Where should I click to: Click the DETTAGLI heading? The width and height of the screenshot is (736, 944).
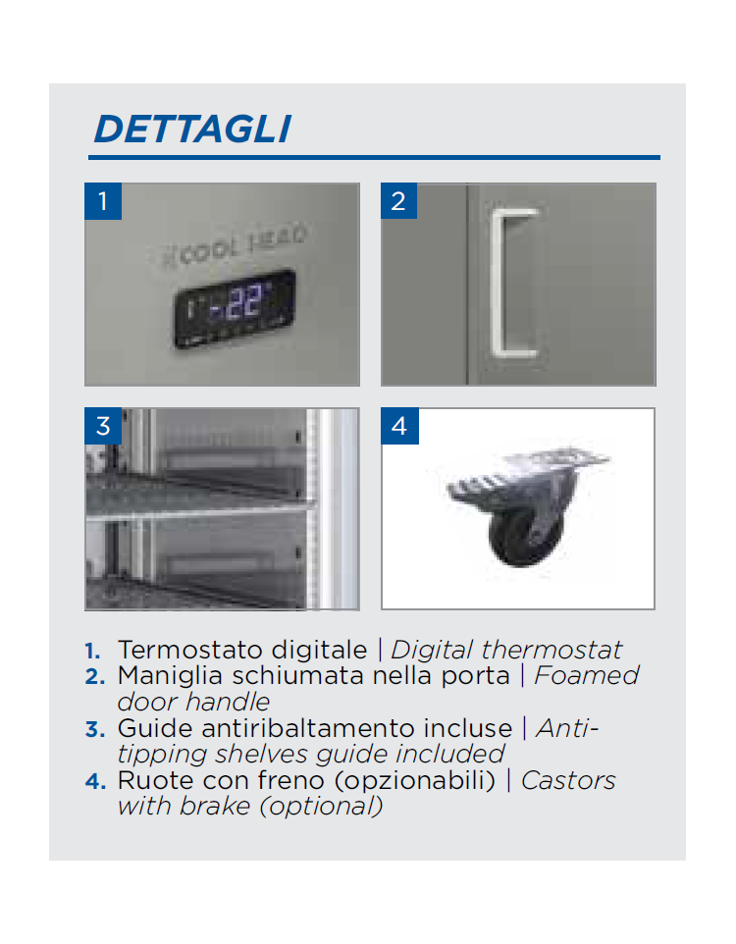(192, 129)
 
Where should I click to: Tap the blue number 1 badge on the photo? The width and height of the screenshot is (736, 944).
(103, 201)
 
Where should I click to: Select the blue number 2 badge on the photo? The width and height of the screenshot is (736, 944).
(398, 201)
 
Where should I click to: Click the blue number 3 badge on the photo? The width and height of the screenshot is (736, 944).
(103, 426)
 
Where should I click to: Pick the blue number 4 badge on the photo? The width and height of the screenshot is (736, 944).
(400, 426)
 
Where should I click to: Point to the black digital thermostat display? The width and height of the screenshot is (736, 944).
(235, 308)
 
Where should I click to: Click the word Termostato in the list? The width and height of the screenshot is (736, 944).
(191, 651)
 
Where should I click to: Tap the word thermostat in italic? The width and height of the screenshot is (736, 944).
(552, 651)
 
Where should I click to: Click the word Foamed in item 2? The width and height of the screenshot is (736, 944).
(586, 675)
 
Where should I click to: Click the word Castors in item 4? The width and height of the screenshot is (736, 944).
(568, 781)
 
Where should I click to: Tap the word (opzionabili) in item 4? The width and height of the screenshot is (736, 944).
(415, 781)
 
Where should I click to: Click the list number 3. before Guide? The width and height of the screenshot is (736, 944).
(95, 730)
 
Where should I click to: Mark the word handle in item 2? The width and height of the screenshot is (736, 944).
(228, 702)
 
